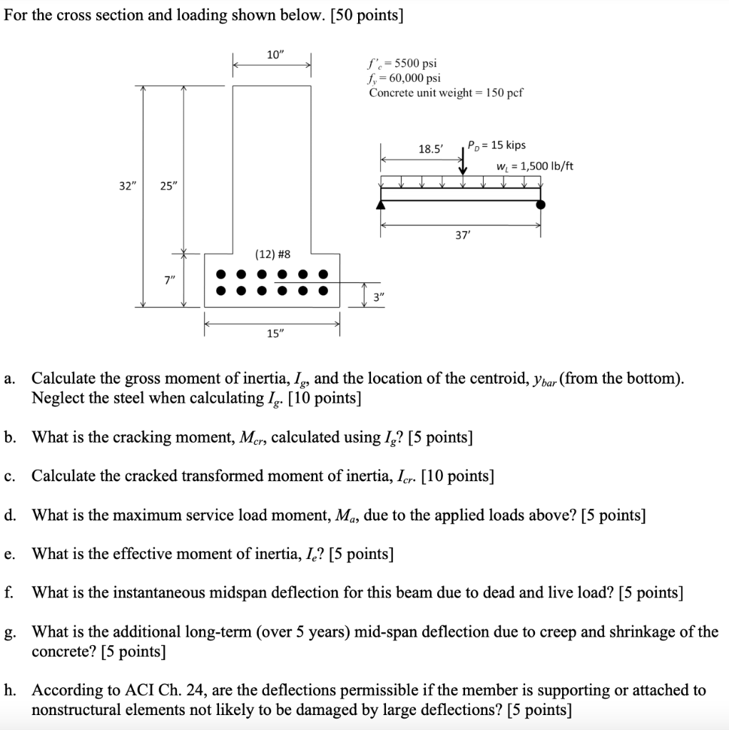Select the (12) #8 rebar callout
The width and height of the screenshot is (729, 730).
pos(272,254)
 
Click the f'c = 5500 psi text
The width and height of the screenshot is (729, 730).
pos(403,63)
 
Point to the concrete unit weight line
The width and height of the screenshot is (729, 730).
pos(446,93)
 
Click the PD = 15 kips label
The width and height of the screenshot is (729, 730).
pos(496,145)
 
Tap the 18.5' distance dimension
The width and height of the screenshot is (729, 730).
pos(430,149)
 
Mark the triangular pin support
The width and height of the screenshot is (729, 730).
pos(381,205)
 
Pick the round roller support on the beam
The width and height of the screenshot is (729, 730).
pos(541,205)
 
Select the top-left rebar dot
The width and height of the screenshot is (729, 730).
pos(222,274)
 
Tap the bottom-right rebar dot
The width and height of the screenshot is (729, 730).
pos(324,290)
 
